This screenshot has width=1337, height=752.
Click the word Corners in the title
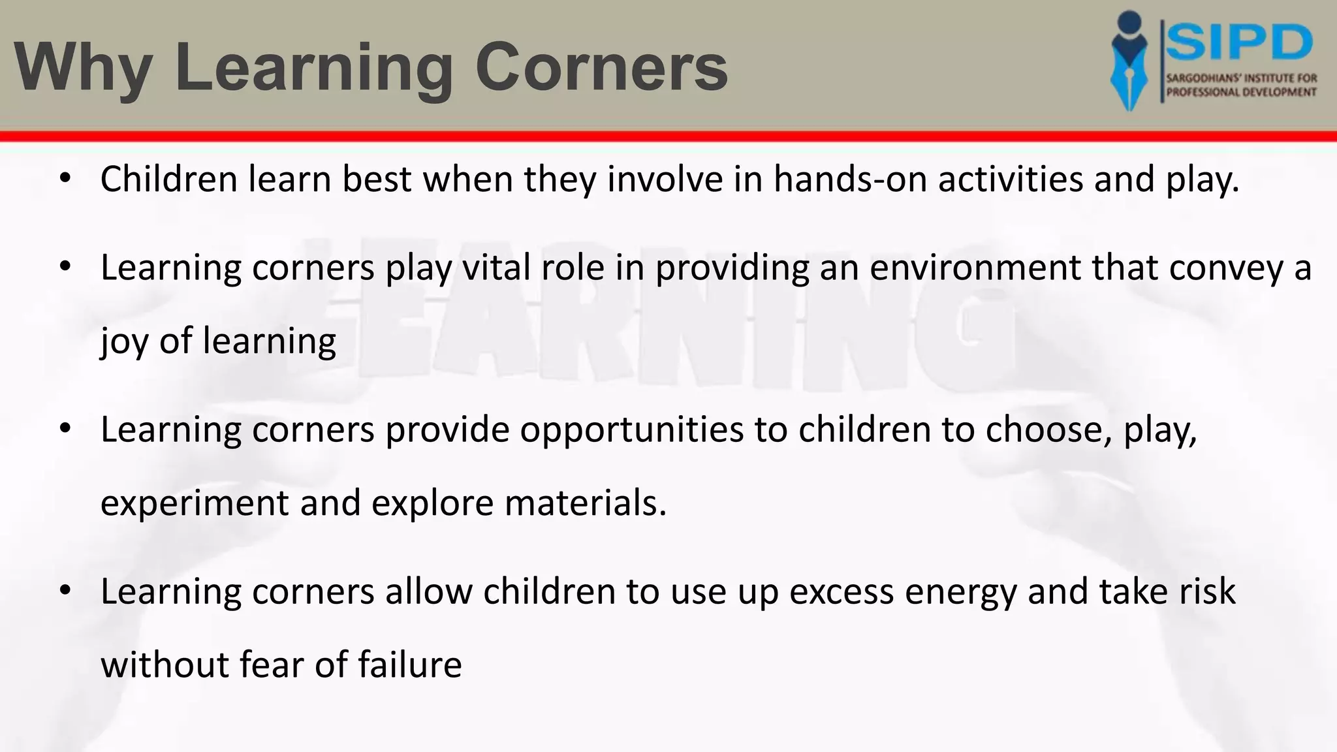tap(601, 68)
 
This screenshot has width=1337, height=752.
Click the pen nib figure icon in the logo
tap(1129, 62)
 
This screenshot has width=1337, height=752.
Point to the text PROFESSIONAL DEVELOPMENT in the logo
tap(1241, 92)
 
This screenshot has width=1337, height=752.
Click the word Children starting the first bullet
tap(168, 179)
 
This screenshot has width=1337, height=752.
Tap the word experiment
tap(194, 503)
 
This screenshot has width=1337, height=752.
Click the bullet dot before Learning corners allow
tap(64, 590)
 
